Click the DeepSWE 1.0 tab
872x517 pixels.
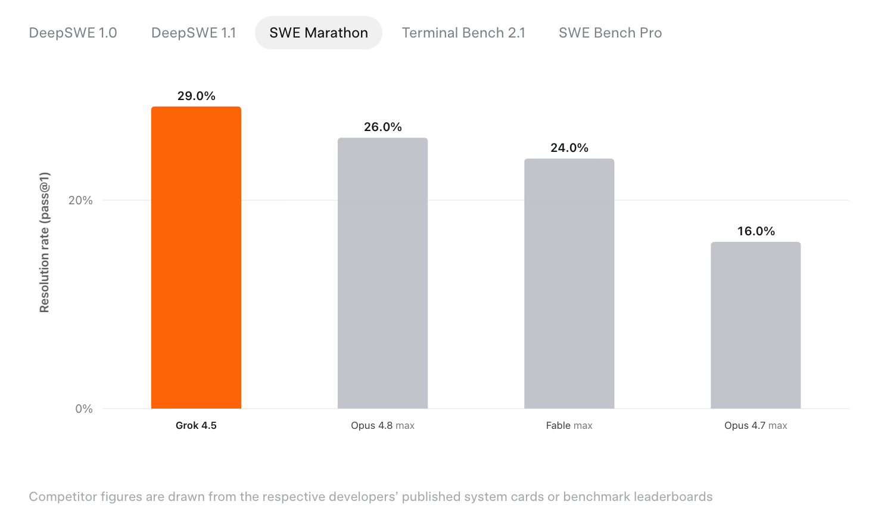pyautogui.click(x=73, y=33)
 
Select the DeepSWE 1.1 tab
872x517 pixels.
pyautogui.click(x=194, y=33)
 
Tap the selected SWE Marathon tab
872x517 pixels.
pyautogui.click(x=319, y=33)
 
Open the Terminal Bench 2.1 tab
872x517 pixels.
pyautogui.click(x=463, y=33)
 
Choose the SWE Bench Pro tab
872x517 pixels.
pyautogui.click(x=610, y=33)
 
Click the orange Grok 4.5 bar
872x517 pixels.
pyautogui.click(x=196, y=257)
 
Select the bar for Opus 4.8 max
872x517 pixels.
pyautogui.click(x=382, y=273)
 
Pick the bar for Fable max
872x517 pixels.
pyautogui.click(x=569, y=284)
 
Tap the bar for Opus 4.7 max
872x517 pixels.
pyautogui.click(x=756, y=325)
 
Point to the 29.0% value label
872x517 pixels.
pyautogui.click(x=196, y=96)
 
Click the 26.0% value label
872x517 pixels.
pyautogui.click(x=382, y=127)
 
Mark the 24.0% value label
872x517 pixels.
pyautogui.click(x=569, y=148)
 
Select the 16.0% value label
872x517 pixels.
pyautogui.click(x=756, y=231)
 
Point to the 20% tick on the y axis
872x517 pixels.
pyautogui.click(x=80, y=201)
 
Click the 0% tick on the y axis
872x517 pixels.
pyautogui.click(x=84, y=409)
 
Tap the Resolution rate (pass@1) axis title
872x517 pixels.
pyautogui.click(x=45, y=242)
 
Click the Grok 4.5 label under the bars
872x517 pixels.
pyautogui.click(x=196, y=425)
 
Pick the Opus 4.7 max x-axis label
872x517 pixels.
pyautogui.click(x=756, y=425)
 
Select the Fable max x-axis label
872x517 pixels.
pyautogui.click(x=569, y=425)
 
